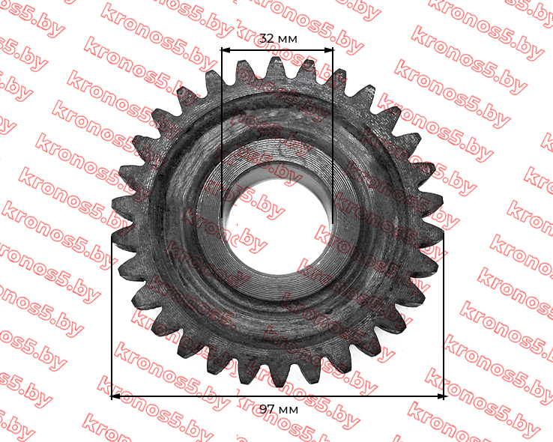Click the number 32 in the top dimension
pos(266,38)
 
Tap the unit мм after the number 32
pos(288,39)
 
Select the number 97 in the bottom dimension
pos(267,409)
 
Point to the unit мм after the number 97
pos(288,411)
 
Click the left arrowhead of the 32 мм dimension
pos(226,50)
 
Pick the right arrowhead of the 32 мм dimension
pos(328,50)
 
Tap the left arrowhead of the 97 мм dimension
pos(116,396)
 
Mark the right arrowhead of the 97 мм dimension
pos(439,396)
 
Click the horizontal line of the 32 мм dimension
pos(277,50)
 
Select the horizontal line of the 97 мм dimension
pos(278,396)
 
